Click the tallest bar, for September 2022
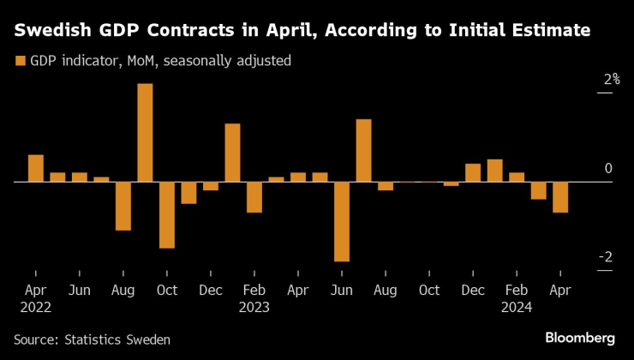(145, 133)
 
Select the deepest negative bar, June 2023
(342, 221)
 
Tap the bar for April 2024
(560, 197)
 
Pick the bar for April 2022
(35, 169)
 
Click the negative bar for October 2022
(167, 215)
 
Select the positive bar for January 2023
(232, 153)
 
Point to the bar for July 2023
(363, 150)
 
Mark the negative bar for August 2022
(123, 206)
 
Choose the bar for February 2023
(254, 197)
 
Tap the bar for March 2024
(538, 190)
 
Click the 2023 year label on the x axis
(254, 307)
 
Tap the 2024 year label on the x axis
(517, 307)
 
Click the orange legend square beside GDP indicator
(19, 61)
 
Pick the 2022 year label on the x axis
(35, 307)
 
